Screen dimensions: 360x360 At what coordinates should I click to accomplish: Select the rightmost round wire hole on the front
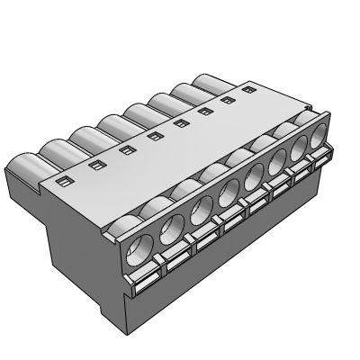coord(319,142)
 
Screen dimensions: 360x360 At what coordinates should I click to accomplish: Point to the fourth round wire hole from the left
coord(228,197)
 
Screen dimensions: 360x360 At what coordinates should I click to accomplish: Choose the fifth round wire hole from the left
coord(253,183)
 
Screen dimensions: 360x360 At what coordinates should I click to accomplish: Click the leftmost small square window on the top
coord(62,183)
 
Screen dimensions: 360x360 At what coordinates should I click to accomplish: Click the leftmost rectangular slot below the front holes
coord(143,286)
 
